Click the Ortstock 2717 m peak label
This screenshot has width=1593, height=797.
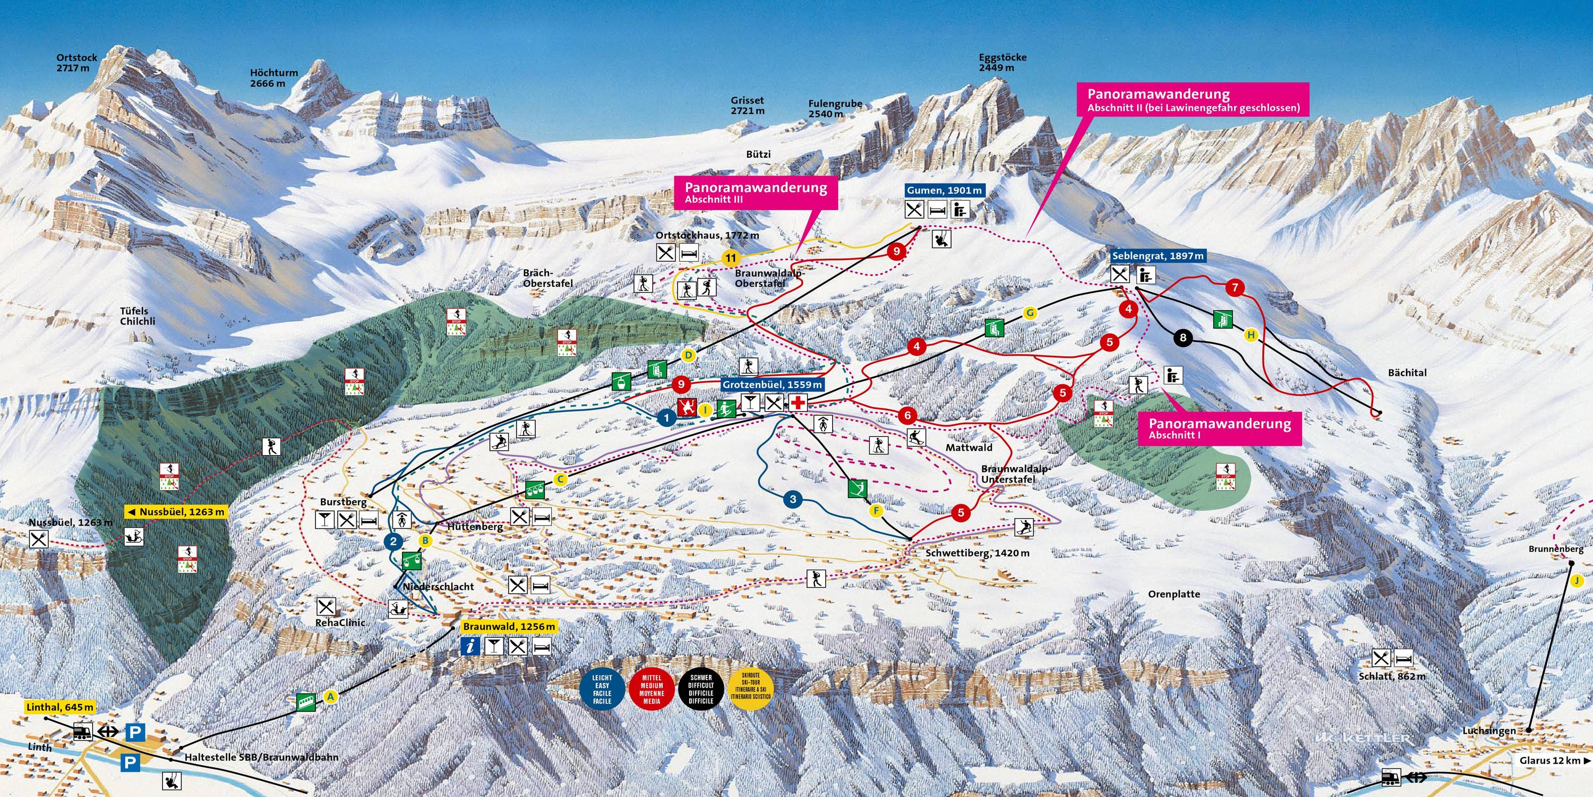point(76,63)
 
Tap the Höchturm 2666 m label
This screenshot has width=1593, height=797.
point(273,78)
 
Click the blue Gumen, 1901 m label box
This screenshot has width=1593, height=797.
point(944,191)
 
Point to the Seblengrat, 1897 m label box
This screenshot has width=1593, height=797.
point(1158,256)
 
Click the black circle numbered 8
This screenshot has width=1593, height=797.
point(1183,338)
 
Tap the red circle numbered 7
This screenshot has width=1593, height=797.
point(1235,287)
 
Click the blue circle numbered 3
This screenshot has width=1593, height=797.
point(793,499)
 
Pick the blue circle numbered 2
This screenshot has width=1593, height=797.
point(393,542)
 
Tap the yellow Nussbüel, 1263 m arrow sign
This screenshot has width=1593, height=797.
point(176,512)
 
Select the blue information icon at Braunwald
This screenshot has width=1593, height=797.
point(471,647)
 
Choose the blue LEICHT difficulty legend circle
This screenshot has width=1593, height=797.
point(602,689)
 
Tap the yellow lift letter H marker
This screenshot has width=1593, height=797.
point(1251,335)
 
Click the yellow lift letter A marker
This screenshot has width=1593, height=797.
point(331,697)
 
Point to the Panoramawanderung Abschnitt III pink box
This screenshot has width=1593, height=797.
point(756,192)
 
